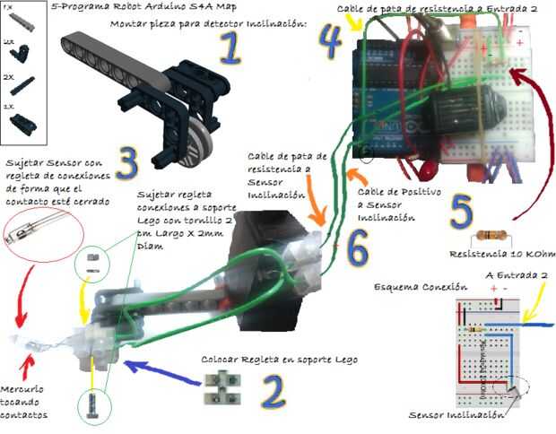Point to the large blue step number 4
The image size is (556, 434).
pyautogui.click(x=329, y=38)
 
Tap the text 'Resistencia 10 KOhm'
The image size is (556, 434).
pyautogui.click(x=490, y=252)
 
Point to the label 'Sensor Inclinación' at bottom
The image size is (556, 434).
pyautogui.click(x=454, y=414)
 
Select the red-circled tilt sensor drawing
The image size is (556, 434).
pyautogui.click(x=43, y=248)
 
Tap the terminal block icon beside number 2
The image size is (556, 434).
pyautogui.click(x=223, y=386)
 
